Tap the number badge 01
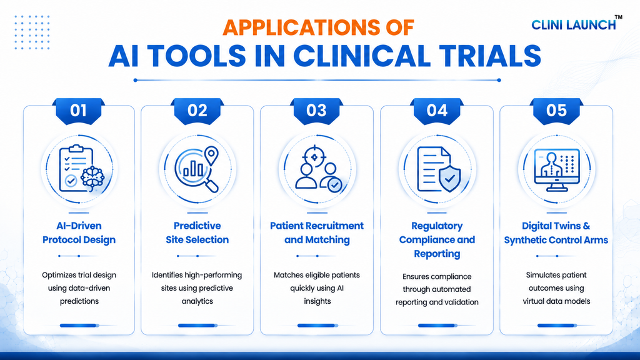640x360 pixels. [x=78, y=111]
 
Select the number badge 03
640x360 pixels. [x=317, y=111]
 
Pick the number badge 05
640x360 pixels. [x=556, y=111]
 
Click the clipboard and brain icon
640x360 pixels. [x=81, y=168]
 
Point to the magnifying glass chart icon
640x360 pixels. [x=197, y=169]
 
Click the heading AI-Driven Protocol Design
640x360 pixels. [x=79, y=232]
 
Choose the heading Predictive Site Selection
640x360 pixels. [x=197, y=232]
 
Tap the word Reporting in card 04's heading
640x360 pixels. [x=437, y=254]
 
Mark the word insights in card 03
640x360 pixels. [x=317, y=301]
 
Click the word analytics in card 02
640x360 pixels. [x=197, y=301]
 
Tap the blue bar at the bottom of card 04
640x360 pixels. [x=437, y=325]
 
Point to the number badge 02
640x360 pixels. [x=197, y=111]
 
